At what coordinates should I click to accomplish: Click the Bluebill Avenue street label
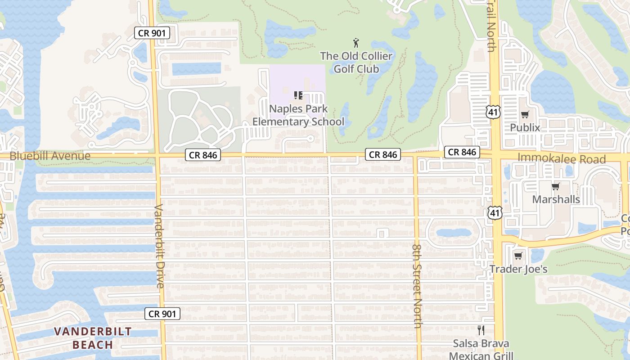click(x=50, y=156)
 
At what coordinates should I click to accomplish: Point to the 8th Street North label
click(x=417, y=287)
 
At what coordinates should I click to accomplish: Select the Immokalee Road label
click(x=562, y=158)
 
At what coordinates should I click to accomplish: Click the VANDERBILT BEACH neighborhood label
click(x=93, y=338)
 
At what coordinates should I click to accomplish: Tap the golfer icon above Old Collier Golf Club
click(x=356, y=43)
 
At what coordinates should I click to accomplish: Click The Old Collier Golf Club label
click(x=356, y=63)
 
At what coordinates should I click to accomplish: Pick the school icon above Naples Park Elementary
click(x=298, y=95)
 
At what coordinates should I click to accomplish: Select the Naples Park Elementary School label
click(x=298, y=115)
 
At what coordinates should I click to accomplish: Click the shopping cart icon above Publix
click(x=525, y=114)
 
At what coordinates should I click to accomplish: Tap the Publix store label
click(x=525, y=128)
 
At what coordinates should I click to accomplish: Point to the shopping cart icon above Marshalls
click(x=555, y=186)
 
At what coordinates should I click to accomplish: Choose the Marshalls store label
click(x=556, y=199)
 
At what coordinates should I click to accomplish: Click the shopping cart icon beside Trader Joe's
click(x=518, y=256)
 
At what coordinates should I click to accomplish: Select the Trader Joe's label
click(x=518, y=269)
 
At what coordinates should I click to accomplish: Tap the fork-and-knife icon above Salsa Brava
click(x=481, y=330)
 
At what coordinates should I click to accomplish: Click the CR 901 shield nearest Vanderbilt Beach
click(x=162, y=314)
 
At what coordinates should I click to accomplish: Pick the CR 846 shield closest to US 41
click(x=462, y=152)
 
